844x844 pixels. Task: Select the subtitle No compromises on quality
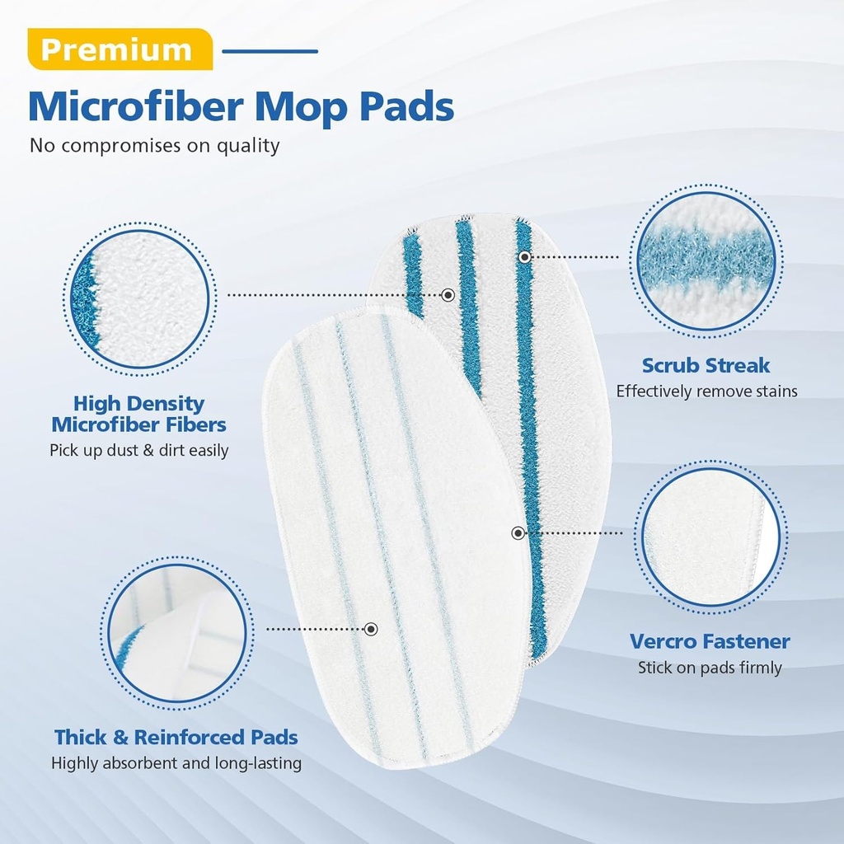tap(155, 146)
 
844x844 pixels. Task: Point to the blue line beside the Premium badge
tap(270, 51)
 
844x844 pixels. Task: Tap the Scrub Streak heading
tap(706, 365)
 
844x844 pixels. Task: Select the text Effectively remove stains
tap(706, 392)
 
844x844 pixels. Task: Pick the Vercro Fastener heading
tap(710, 641)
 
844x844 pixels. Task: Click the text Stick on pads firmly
tap(710, 668)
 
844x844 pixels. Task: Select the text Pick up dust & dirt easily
tap(139, 450)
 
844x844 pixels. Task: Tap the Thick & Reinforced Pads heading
tap(176, 737)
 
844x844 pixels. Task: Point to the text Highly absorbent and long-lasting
tap(176, 763)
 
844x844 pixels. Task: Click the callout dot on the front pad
tap(371, 629)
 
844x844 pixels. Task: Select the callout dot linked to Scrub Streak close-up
tap(525, 257)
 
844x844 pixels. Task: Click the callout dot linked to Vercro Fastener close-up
tap(518, 533)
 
